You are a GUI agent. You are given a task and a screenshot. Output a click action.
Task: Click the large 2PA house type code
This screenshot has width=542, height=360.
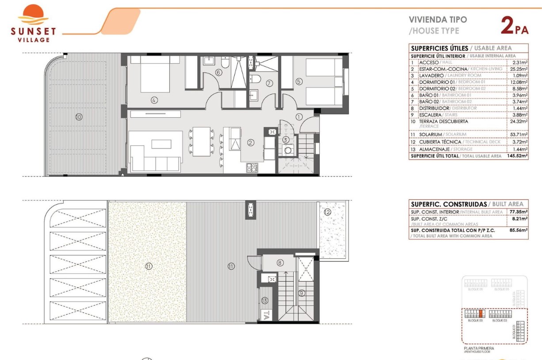tap(514, 25)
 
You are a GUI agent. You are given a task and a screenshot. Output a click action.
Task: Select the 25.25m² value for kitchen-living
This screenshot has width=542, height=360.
tap(518, 69)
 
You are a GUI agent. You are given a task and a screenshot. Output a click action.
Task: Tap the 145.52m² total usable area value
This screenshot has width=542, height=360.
tap(518, 156)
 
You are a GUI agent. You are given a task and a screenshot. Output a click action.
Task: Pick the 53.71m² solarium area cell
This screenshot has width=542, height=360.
tap(518, 134)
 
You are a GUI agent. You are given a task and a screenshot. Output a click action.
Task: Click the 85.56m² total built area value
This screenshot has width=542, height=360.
tap(518, 230)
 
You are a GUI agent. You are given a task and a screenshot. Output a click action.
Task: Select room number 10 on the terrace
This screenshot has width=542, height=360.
tap(79, 117)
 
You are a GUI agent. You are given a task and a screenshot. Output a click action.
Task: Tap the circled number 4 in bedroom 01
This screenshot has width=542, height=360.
tap(154, 100)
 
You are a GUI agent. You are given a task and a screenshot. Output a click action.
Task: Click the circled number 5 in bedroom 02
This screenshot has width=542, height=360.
tap(299, 81)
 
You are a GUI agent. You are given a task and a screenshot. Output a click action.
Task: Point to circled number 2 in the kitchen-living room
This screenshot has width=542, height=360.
tap(251, 142)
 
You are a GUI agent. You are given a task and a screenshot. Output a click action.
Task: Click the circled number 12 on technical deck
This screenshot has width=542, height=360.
tap(327, 212)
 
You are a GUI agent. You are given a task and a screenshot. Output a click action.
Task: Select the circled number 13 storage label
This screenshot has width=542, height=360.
tap(264, 301)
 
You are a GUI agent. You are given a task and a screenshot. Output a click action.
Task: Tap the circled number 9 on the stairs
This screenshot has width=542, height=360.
tap(302, 292)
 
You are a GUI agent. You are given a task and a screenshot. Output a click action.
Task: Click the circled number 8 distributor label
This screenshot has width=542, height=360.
tap(280, 262)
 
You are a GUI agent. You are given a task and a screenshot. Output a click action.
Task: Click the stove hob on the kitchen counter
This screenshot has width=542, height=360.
tap(252, 167)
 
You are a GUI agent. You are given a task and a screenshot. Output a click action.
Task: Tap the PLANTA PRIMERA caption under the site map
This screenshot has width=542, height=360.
tap(479, 349)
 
